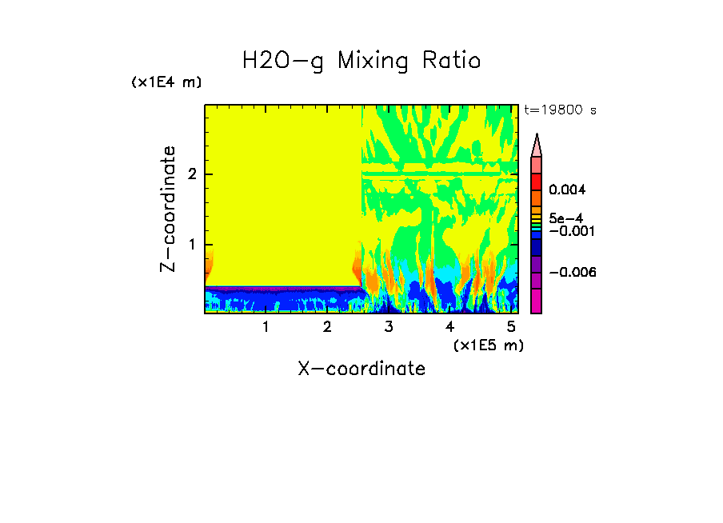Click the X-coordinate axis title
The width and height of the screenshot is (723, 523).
(361, 369)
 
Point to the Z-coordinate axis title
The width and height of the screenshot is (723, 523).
(168, 209)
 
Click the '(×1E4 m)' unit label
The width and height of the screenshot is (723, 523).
(166, 82)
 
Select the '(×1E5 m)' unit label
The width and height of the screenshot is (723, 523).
(488, 345)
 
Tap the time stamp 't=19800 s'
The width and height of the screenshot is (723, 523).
(560, 110)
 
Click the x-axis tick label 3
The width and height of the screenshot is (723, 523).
(388, 327)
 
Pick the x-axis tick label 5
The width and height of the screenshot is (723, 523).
(511, 327)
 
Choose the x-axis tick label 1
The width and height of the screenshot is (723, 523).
(266, 327)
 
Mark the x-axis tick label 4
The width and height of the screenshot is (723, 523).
(449, 327)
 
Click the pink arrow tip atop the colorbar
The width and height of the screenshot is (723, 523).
(536, 145)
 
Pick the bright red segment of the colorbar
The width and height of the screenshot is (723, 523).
(536, 181)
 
